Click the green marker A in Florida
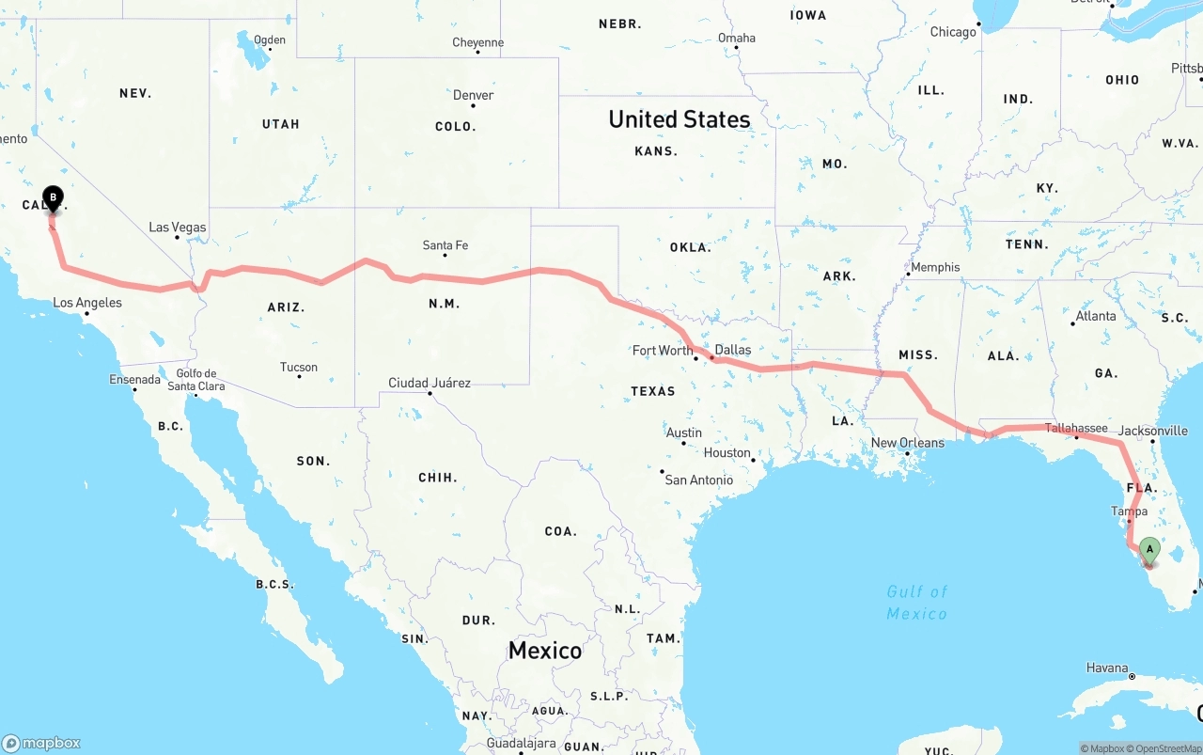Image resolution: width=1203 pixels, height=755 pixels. pyautogui.click(x=1148, y=551)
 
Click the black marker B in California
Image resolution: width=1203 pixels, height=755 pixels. pyautogui.click(x=54, y=199)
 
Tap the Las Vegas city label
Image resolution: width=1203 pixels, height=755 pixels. pyautogui.click(x=177, y=228)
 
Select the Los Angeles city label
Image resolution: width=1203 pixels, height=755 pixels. pyautogui.click(x=87, y=303)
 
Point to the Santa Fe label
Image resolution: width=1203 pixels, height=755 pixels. pyautogui.click(x=445, y=245)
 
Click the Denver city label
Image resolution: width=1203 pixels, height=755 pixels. pyautogui.click(x=473, y=95)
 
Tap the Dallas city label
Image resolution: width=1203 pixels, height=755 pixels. pyautogui.click(x=733, y=350)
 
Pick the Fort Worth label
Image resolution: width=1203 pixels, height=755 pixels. pyautogui.click(x=663, y=351)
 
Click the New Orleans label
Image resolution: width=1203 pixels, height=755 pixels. pyautogui.click(x=907, y=443)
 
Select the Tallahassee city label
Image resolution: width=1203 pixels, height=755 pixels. pyautogui.click(x=1076, y=428)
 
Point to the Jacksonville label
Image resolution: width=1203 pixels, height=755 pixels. pyautogui.click(x=1153, y=431)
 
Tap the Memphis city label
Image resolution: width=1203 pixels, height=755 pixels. pyautogui.click(x=935, y=267)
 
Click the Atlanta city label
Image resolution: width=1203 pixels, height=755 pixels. pyautogui.click(x=1096, y=316)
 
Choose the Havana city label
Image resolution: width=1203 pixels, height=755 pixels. pyautogui.click(x=1107, y=668)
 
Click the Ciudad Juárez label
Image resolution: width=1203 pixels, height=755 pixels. pyautogui.click(x=430, y=383)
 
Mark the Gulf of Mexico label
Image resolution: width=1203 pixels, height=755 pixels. pyautogui.click(x=916, y=603)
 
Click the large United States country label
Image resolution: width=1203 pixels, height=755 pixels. pyautogui.click(x=679, y=119)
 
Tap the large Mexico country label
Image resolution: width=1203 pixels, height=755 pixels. pyautogui.click(x=545, y=650)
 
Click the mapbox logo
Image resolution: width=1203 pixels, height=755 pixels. pyautogui.click(x=41, y=743)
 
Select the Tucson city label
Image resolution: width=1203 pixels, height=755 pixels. pyautogui.click(x=299, y=368)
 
